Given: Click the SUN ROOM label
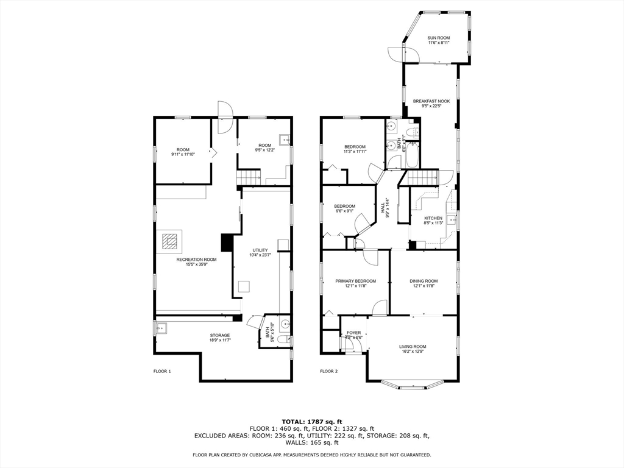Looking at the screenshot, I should click(x=438, y=38).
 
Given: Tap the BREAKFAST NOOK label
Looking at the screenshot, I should click(x=431, y=101).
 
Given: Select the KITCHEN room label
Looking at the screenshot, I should click(x=433, y=218).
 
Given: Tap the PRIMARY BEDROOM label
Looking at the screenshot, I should click(x=355, y=281).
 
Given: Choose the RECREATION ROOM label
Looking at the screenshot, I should click(x=196, y=260).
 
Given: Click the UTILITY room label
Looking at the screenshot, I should click(x=260, y=250).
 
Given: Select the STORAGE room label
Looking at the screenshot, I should click(x=220, y=335).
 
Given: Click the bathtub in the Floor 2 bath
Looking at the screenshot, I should click(x=412, y=155).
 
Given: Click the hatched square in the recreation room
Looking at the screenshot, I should click(x=171, y=242).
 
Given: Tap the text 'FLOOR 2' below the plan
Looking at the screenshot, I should click(x=329, y=370).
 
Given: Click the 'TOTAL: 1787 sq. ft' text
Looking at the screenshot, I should click(x=312, y=422).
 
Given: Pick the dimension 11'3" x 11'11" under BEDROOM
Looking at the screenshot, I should click(x=355, y=152).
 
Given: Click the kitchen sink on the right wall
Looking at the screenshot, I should click(x=452, y=220).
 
